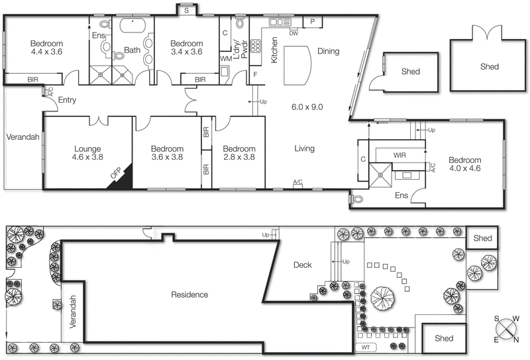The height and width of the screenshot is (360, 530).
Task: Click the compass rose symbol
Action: (507, 329)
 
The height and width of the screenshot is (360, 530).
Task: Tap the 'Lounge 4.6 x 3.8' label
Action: (87, 153)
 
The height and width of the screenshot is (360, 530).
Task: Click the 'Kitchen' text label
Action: (274, 51)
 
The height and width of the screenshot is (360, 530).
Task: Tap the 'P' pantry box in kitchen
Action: (312, 23)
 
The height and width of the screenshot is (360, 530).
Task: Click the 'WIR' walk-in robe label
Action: (399, 154)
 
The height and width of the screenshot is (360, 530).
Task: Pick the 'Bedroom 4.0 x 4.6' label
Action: (464, 164)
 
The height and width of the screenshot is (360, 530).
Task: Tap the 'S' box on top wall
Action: (187, 11)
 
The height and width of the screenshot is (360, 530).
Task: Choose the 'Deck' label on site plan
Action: (302, 265)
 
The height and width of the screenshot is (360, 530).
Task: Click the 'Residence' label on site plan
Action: (189, 294)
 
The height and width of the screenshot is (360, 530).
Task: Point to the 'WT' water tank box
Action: (366, 347)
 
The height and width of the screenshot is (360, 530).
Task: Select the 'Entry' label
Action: (68, 100)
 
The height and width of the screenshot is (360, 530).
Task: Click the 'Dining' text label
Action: (328, 51)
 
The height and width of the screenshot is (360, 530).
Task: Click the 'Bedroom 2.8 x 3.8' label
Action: (239, 153)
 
